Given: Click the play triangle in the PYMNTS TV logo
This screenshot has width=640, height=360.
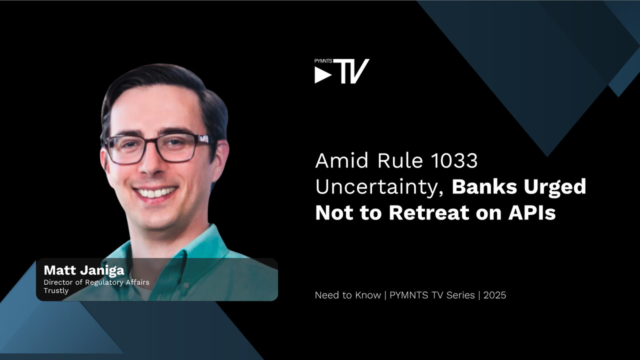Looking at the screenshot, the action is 322,75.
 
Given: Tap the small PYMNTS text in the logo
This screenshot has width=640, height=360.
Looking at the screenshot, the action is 323,61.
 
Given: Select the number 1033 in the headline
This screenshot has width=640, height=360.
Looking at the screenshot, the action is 454,160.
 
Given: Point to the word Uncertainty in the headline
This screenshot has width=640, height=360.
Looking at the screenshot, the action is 379,187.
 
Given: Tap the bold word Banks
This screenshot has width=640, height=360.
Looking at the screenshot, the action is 484,186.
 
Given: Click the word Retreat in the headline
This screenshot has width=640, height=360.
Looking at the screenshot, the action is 429,212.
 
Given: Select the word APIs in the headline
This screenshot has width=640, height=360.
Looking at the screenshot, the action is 532,212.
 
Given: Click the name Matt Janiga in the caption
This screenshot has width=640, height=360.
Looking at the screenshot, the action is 84,270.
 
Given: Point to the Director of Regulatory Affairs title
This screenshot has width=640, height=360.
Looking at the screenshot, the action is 96,282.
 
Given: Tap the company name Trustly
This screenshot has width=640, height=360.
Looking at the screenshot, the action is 56,291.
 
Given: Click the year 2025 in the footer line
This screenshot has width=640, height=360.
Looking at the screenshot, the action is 494,295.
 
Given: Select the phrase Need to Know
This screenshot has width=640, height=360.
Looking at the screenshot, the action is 348,295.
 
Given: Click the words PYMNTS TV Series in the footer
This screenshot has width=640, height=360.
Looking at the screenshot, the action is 432,295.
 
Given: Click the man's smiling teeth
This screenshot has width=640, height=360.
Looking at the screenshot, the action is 155,193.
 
